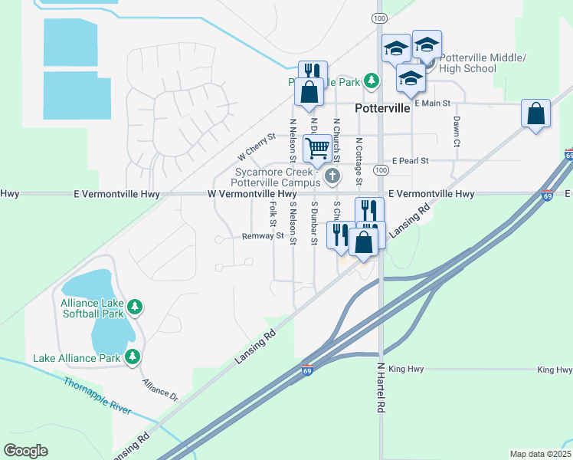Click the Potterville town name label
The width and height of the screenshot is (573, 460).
[385, 109]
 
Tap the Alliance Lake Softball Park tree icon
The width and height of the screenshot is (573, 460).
[135, 307]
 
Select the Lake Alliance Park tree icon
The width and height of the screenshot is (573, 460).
[133, 356]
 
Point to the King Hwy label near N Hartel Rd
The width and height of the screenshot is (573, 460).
[406, 370]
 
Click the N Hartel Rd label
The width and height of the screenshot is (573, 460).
[379, 389]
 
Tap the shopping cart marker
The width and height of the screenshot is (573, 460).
[317, 146]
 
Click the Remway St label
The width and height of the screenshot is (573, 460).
[263, 236]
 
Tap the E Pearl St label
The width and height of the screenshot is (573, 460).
[409, 161]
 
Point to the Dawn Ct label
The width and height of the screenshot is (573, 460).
[457, 132]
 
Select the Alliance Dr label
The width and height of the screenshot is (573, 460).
[159, 389]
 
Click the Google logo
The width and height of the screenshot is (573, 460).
[25, 451]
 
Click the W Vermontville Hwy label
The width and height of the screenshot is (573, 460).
[252, 195]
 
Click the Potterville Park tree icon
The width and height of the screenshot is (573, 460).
[372, 80]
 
